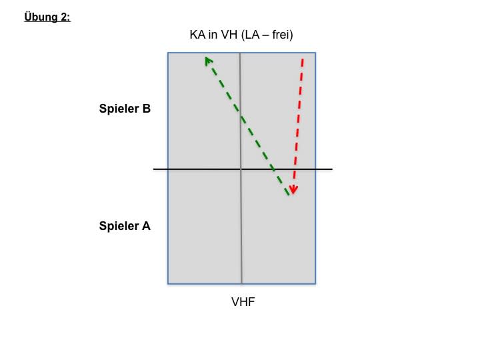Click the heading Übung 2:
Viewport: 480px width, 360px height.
click(x=47, y=17)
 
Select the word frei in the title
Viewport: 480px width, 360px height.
click(x=279, y=35)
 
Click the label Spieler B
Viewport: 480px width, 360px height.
click(x=125, y=109)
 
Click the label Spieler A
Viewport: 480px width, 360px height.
click(x=125, y=226)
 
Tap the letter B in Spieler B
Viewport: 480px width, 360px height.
click(x=146, y=109)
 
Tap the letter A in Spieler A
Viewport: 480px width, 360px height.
click(x=146, y=226)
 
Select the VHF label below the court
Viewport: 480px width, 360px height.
click(x=243, y=302)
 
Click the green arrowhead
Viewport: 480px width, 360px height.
click(x=209, y=61)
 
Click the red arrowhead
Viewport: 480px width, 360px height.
click(x=293, y=191)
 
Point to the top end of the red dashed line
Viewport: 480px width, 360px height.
click(x=302, y=59)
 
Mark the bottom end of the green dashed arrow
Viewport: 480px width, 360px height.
click(x=289, y=195)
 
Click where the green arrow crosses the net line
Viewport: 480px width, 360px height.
click(x=275, y=169)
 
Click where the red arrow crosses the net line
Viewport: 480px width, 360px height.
click(x=295, y=169)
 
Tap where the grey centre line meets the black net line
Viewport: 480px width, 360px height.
click(x=241, y=169)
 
